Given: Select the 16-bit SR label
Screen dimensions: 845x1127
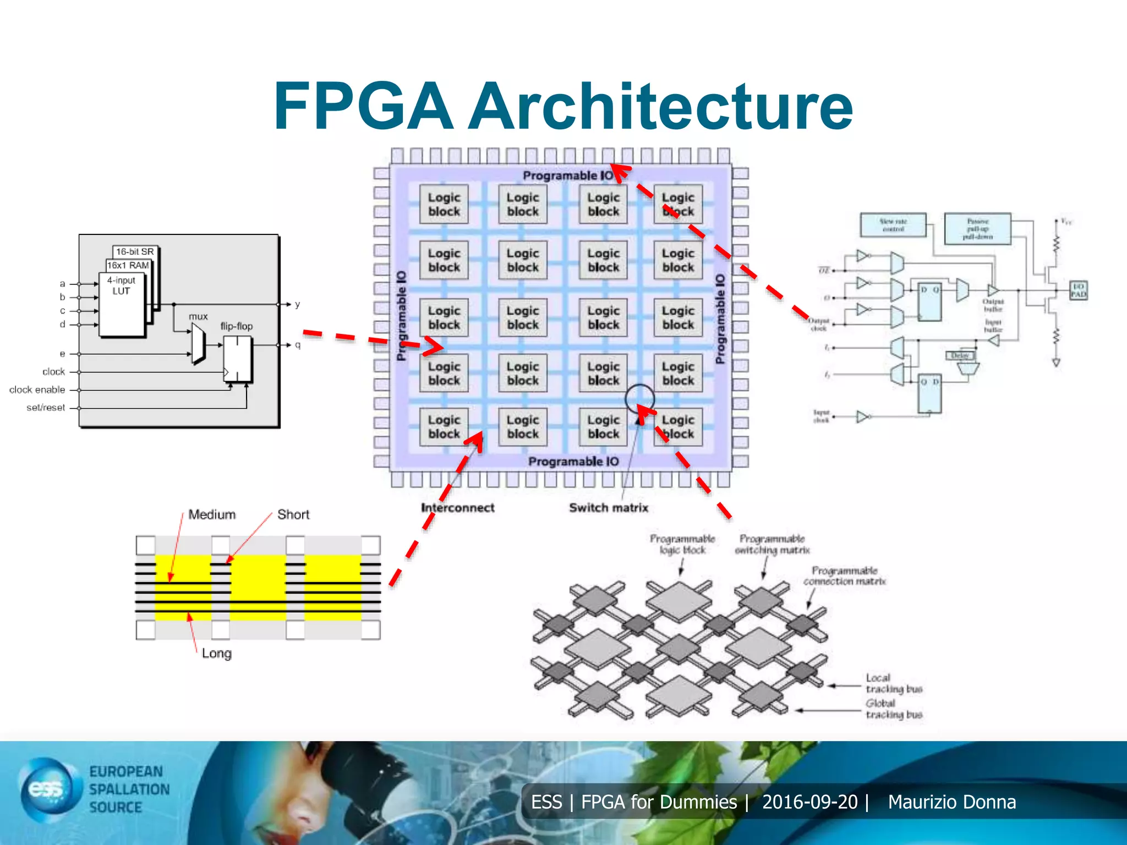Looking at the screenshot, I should (135, 251).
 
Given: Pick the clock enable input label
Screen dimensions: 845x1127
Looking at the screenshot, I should (37, 389).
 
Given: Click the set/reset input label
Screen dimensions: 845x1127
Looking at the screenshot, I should (46, 408).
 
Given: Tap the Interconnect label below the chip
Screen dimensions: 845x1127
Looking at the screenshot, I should (457, 508).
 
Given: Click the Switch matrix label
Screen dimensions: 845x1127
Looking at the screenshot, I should (608, 508).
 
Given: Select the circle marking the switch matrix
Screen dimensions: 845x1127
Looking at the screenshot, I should (639, 398).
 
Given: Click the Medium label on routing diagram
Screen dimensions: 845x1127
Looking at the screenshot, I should (212, 514).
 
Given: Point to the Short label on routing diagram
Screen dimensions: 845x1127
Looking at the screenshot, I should (293, 514).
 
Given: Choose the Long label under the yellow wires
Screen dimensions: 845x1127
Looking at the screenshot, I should (216, 653).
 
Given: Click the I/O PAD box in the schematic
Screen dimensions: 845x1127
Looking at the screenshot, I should (1078, 290).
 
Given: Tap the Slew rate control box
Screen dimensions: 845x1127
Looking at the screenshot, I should (893, 225).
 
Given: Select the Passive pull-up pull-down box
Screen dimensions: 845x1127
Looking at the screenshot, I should (977, 229).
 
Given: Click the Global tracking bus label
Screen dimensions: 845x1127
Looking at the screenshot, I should (893, 709).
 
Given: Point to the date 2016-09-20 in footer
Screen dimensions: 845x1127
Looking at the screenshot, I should (809, 802).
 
